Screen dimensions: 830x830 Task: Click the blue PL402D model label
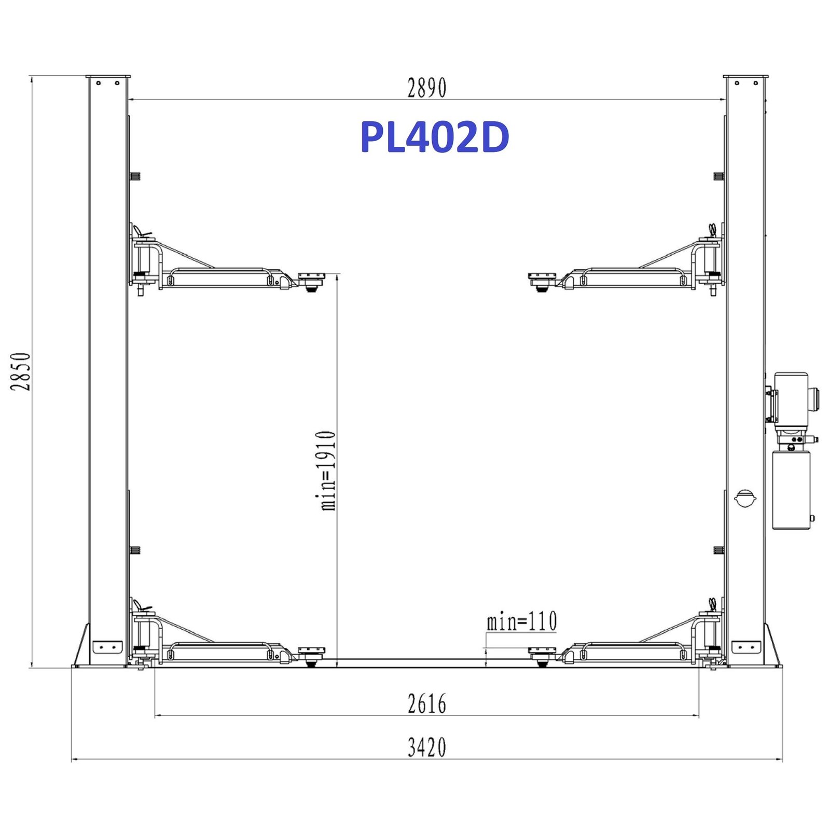point(435,137)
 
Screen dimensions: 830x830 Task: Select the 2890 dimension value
point(426,88)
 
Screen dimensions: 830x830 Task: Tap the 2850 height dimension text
point(21,371)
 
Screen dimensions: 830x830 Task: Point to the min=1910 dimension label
point(327,471)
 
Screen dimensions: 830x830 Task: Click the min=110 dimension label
point(521,621)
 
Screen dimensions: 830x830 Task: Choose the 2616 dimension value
point(426,704)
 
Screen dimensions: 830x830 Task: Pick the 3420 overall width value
point(426,748)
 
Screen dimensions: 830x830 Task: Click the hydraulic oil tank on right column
point(791,490)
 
